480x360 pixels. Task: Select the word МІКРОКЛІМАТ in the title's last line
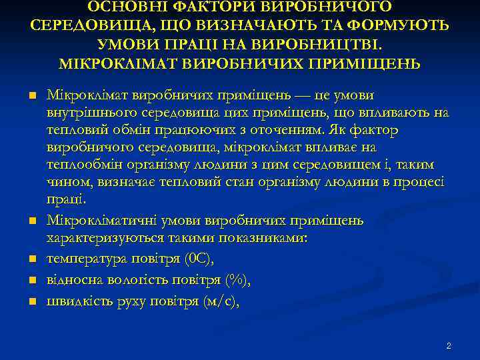[119, 65]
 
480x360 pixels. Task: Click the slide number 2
[449, 346]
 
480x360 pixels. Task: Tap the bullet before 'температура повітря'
[31, 257]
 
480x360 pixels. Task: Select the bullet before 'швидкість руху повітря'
[31, 301]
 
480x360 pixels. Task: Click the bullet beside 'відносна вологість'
[31, 279]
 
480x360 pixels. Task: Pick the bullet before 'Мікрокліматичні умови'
[31, 219]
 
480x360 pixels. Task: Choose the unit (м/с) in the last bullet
[219, 302]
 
